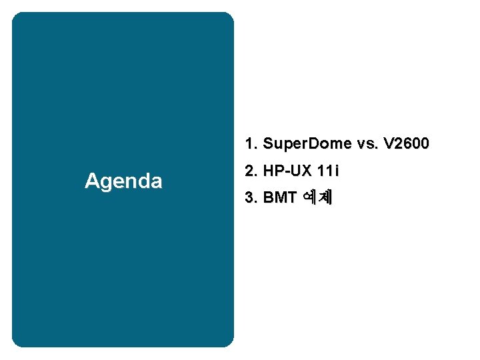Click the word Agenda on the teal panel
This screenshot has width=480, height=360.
point(123,181)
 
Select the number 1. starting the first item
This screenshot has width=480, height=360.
point(251,144)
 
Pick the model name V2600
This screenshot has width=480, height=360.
point(407,144)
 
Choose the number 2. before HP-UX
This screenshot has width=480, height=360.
point(251,171)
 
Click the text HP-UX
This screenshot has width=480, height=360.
point(287,171)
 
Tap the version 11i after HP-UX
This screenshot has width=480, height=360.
point(328,171)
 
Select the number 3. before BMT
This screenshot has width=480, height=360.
point(251,198)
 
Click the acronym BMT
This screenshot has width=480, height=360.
point(279,198)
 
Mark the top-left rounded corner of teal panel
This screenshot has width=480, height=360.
point(16,16)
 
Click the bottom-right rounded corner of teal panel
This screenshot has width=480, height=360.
point(229,343)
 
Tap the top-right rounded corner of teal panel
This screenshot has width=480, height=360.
point(229,16)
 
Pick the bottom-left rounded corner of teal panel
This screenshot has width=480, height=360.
point(16,343)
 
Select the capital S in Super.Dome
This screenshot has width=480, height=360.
point(268,144)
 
